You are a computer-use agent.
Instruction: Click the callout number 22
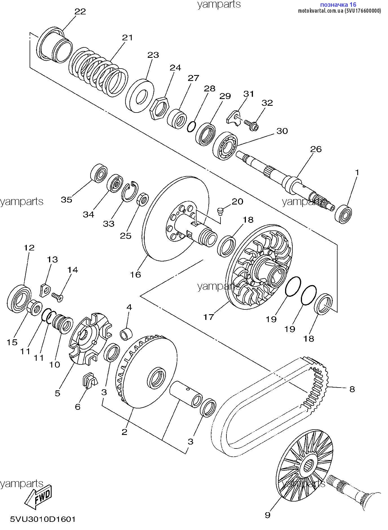(80, 12)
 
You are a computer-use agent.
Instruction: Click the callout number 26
(316, 149)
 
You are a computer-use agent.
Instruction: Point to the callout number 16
(135, 274)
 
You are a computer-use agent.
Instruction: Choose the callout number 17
(209, 317)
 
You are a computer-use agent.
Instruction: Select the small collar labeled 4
(126, 334)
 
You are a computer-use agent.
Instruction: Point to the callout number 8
(352, 389)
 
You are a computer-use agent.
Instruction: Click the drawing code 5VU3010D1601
(43, 519)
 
